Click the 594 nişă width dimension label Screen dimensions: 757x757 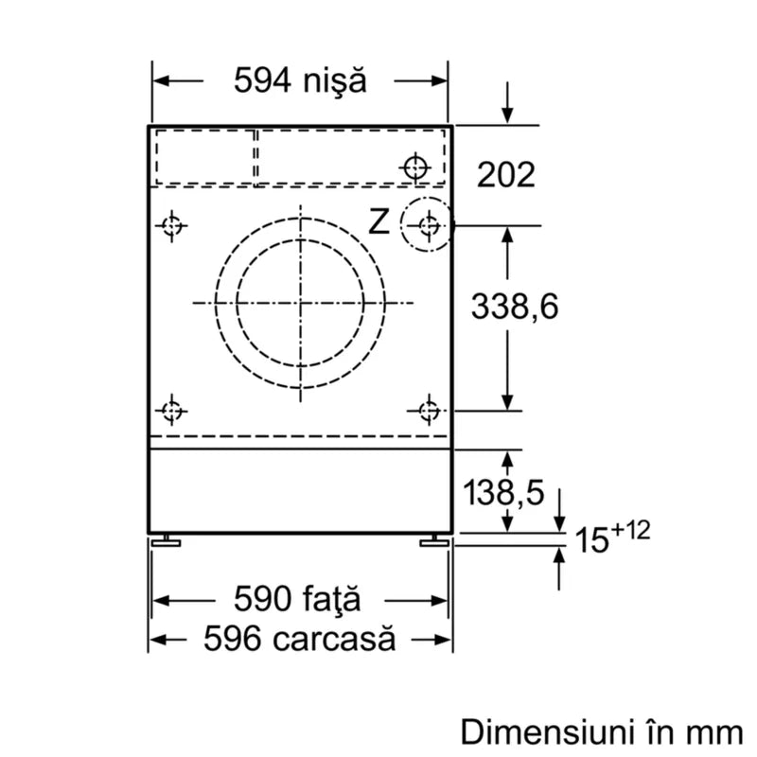(300, 80)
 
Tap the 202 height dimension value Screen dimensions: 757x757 (506, 174)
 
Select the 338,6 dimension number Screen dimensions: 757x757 (515, 307)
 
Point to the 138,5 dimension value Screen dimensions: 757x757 (503, 492)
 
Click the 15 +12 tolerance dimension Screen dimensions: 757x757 (612, 537)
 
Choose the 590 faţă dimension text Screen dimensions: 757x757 (297, 599)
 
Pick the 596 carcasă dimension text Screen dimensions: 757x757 (299, 638)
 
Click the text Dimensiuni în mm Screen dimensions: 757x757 (602, 731)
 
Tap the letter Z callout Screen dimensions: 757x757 (379, 221)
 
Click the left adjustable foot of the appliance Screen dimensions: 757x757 (167, 540)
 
